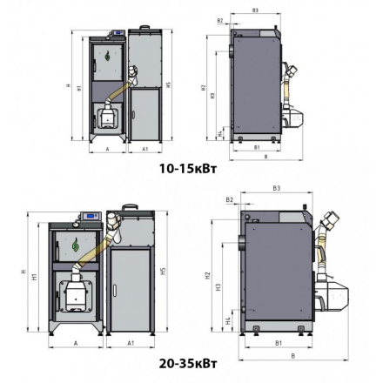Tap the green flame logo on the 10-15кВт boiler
[107, 57]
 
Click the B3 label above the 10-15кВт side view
[255, 10]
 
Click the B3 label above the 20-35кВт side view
[276, 187]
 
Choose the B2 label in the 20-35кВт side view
[230, 200]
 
